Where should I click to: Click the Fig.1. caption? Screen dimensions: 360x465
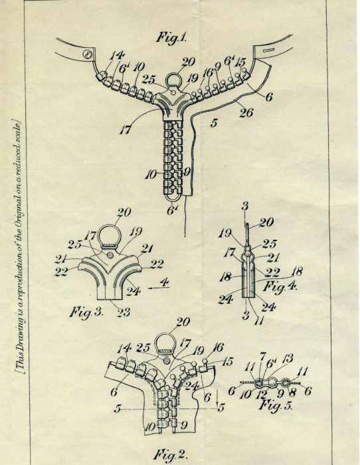tap(171, 38)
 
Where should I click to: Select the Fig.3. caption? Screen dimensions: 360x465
tap(86, 312)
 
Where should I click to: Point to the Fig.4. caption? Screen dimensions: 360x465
tap(280, 286)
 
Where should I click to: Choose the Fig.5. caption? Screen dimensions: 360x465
tap(276, 405)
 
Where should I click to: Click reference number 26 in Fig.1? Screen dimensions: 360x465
tap(246, 113)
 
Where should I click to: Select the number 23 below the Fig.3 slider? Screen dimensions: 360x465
tap(124, 312)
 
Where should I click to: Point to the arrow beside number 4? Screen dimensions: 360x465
tap(159, 288)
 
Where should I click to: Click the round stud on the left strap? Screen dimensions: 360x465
tap(87, 54)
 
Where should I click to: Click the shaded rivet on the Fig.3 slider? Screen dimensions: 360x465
tap(110, 254)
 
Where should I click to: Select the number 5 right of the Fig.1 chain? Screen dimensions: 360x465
tap(214, 123)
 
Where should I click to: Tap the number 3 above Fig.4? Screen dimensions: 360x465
tap(244, 207)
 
